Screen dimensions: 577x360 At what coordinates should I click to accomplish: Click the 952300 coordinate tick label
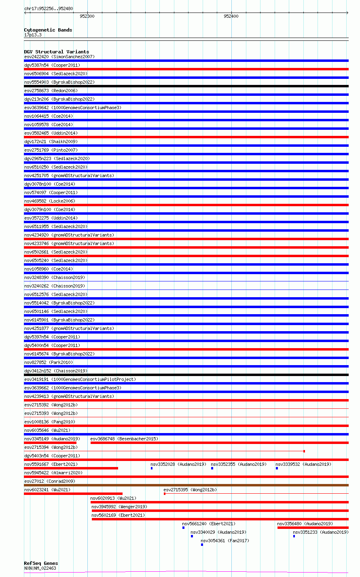pos(87,17)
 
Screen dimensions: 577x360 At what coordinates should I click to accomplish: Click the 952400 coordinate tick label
pos(231,17)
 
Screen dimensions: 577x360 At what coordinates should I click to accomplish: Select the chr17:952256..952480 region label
pos(49,8)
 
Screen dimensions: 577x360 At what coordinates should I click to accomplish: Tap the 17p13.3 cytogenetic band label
pos(33,35)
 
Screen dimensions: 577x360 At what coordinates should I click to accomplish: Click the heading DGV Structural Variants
pos(56,52)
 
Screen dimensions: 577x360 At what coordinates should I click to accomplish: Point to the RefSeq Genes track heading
pos(41,563)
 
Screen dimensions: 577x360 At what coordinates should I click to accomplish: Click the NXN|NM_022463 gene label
pos(40,568)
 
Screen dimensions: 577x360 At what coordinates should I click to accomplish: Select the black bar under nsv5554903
pos(186,86)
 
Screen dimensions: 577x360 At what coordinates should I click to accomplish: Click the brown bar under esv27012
pos(186,485)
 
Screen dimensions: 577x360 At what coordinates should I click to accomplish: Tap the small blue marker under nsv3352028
pos(152,468)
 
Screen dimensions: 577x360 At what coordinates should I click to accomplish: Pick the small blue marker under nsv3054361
pos(202,545)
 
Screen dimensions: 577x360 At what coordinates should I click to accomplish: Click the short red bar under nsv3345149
pos(50,443)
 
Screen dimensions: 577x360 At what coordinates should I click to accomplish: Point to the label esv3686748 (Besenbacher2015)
pos(124,439)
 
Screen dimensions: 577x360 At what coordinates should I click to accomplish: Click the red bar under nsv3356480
pos(313,528)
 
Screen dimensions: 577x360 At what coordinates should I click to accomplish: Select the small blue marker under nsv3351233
pos(294,536)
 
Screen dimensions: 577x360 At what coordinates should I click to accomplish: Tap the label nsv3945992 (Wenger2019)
pos(119,507)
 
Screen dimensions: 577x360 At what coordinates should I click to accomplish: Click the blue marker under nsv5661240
pos(183,528)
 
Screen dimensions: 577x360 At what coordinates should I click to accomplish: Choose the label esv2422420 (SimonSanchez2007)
pos(59,57)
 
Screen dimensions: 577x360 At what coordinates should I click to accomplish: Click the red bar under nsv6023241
pos(73,494)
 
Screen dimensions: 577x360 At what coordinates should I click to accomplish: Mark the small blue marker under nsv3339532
pos(277,468)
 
